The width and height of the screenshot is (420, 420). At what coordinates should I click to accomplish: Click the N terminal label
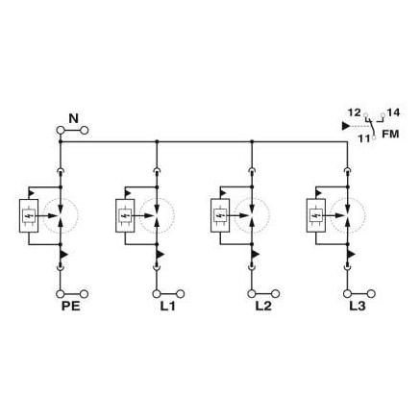point(74,118)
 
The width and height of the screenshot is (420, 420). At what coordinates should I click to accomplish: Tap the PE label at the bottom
point(71,307)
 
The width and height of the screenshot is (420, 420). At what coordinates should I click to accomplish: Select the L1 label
point(167,307)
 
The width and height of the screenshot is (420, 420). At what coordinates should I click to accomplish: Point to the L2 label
point(263,307)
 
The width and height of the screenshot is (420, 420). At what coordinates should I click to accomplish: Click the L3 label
point(358,307)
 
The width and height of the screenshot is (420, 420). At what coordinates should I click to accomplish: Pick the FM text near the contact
point(390,134)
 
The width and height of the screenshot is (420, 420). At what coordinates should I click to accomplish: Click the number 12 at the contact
point(355,112)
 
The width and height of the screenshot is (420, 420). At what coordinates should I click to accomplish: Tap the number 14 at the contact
point(393,112)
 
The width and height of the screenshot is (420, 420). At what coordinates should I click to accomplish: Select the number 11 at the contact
point(364,139)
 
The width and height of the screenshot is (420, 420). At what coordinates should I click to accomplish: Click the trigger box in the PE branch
point(29,215)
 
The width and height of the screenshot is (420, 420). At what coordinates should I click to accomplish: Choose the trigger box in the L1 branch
point(125,215)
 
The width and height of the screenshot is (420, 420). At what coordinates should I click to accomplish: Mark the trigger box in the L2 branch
point(220,215)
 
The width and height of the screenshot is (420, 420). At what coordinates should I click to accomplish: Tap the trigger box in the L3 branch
point(316,215)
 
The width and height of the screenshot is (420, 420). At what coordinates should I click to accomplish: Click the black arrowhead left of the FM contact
point(346,126)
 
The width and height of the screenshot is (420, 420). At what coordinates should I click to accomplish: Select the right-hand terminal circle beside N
point(85,131)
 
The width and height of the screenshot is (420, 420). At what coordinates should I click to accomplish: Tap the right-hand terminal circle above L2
point(276,294)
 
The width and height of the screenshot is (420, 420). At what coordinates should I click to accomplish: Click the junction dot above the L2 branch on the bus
point(252,141)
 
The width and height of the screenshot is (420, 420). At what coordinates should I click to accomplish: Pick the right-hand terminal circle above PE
point(85,294)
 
